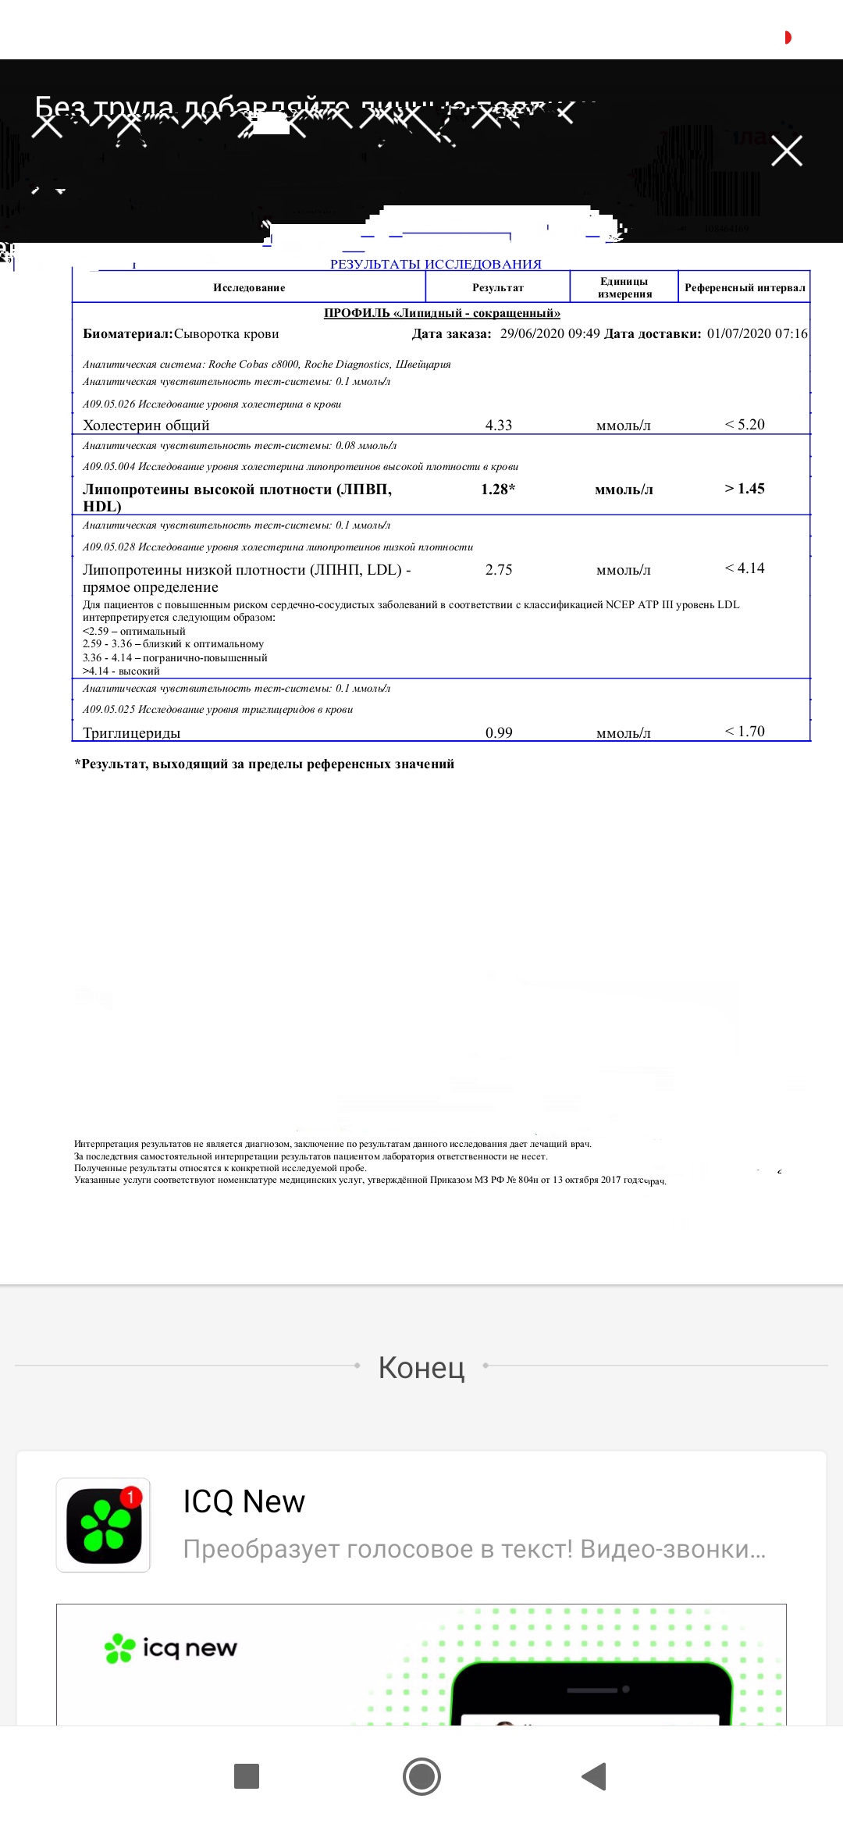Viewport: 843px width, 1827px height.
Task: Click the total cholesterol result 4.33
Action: click(499, 426)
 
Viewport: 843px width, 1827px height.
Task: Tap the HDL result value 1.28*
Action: click(498, 490)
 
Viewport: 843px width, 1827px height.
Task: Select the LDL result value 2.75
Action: click(499, 570)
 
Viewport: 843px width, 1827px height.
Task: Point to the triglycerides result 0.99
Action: click(499, 732)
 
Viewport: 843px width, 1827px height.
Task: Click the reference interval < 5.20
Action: click(745, 425)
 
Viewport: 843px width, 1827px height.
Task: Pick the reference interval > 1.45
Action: click(745, 489)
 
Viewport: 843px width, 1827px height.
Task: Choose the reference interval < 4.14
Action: click(745, 568)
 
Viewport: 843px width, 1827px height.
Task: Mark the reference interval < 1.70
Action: click(745, 732)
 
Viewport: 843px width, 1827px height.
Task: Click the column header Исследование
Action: click(249, 288)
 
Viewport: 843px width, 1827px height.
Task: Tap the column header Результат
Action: click(498, 288)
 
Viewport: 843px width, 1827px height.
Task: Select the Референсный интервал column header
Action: click(745, 288)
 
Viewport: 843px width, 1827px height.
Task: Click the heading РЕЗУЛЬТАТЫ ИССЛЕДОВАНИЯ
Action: click(436, 264)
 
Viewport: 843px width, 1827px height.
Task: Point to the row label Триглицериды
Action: click(131, 733)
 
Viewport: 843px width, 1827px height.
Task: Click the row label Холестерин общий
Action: click(146, 426)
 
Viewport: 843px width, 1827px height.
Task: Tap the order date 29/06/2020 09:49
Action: click(550, 334)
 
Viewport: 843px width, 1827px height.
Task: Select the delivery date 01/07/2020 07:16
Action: click(757, 334)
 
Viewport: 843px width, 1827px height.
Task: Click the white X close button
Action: click(787, 151)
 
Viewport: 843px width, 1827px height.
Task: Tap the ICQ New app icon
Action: click(103, 1525)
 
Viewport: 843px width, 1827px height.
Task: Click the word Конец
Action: click(421, 1367)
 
